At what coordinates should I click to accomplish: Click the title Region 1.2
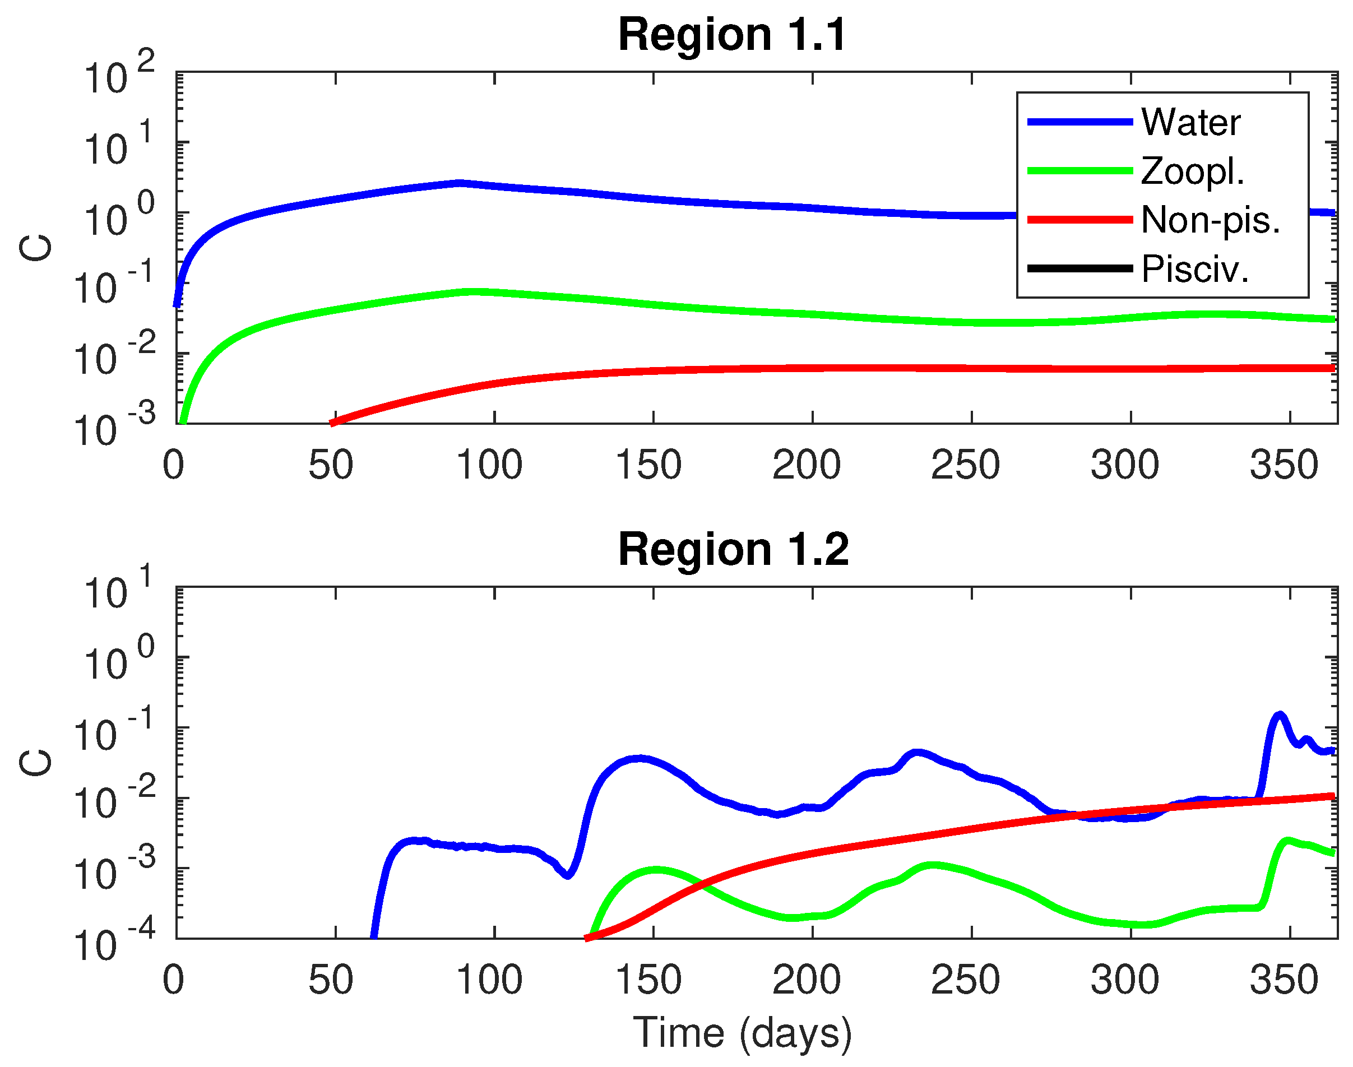point(733,550)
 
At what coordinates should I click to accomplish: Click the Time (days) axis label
point(742,1032)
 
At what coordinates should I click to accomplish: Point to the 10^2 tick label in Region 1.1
point(119,75)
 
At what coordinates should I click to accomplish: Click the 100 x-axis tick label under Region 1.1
point(489,465)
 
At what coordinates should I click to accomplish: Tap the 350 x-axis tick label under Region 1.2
point(1284,980)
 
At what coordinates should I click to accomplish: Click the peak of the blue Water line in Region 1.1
point(460,183)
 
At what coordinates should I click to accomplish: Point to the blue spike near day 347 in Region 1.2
point(1279,714)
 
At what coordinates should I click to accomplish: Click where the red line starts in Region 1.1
point(333,423)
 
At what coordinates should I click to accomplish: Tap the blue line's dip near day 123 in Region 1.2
point(567,875)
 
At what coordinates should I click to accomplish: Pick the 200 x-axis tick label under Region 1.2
point(807,980)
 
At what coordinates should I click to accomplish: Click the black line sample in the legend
point(1079,269)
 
